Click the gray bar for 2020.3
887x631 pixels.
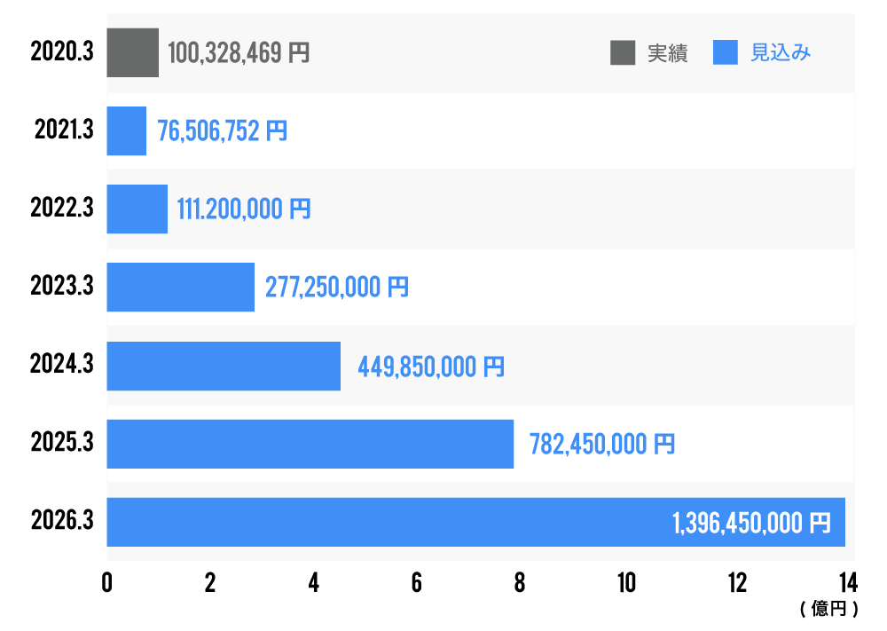click(133, 52)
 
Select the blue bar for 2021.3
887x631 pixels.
click(127, 131)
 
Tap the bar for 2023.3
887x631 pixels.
click(181, 288)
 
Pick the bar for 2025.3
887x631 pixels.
click(310, 444)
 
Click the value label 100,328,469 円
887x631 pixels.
click(239, 53)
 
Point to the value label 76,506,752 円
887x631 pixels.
click(223, 131)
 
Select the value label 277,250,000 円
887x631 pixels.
click(337, 288)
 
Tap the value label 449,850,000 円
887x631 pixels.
click(431, 366)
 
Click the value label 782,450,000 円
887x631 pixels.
click(602, 444)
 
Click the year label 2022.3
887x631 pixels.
click(62, 209)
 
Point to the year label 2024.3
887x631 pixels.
click(62, 365)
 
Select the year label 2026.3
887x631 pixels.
click(62, 521)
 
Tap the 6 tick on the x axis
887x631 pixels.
click(417, 582)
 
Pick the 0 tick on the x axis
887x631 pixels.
click(107, 582)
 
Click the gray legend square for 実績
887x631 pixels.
click(623, 53)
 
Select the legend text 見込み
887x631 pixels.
click(781, 53)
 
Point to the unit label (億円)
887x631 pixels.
click(828, 609)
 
